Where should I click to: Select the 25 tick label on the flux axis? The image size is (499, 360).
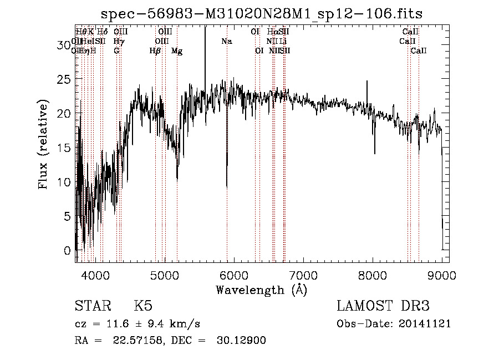tap(64, 79)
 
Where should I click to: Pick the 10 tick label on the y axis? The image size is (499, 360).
tap(64, 182)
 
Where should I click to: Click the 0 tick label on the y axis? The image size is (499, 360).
tap(68, 251)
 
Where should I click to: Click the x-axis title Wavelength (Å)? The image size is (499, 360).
tap(261, 290)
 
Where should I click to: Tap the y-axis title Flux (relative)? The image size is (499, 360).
tap(43, 144)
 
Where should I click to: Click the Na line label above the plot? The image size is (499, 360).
tap(226, 42)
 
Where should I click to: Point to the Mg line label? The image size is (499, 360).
tap(177, 51)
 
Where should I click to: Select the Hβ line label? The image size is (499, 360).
tap(155, 51)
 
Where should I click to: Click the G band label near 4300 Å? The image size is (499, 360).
tap(116, 51)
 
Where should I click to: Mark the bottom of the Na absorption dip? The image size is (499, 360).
tap(227, 186)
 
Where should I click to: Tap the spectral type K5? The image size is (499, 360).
tap(144, 307)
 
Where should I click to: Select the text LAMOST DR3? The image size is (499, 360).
tap(383, 307)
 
